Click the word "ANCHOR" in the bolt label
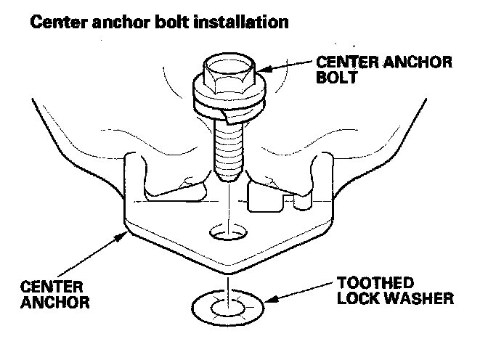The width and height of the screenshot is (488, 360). click(x=412, y=62)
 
